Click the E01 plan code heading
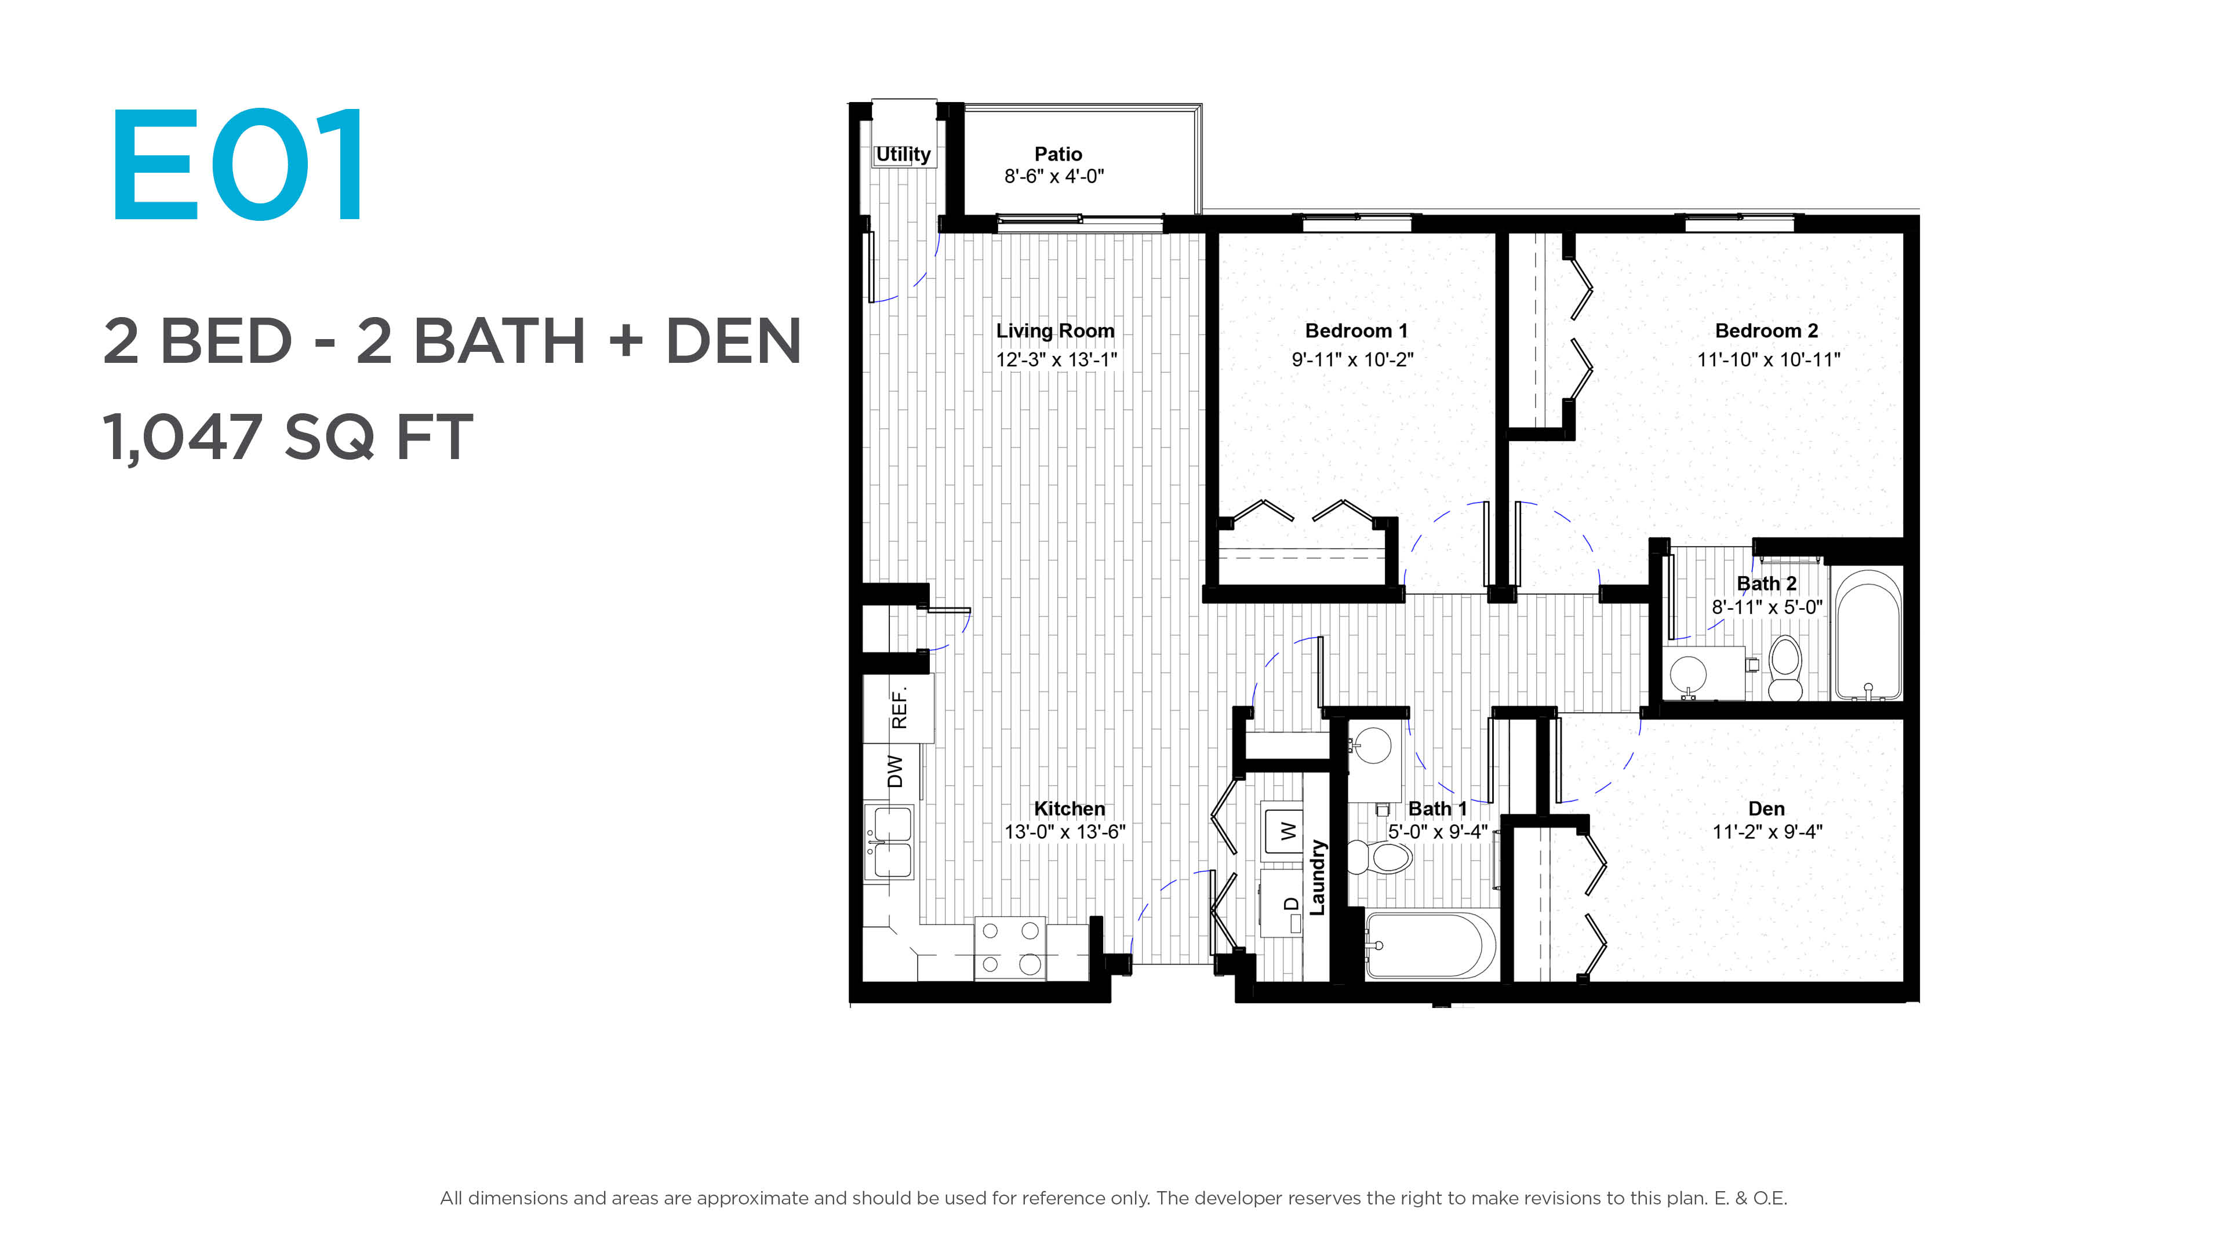pos(238,164)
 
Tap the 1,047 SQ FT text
pos(288,437)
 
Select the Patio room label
pos(1058,154)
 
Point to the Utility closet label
pos(903,155)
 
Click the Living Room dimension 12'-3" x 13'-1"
pos(1056,359)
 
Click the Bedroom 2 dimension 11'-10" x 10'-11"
pos(1768,359)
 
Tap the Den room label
pos(1766,809)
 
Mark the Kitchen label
pos(1069,809)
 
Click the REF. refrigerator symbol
pos(899,708)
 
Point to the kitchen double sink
pos(889,842)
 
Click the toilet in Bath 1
pos(1381,857)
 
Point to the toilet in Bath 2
pos(1785,668)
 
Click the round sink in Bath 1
pos(1372,745)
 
